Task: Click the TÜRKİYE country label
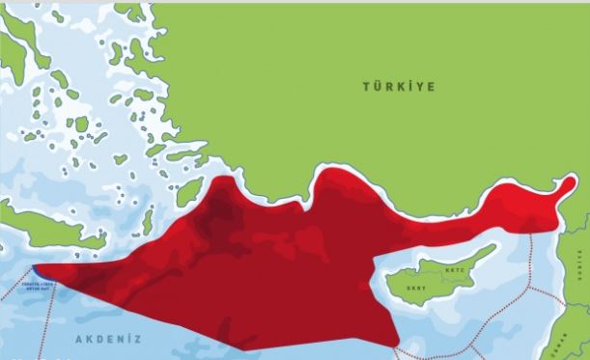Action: click(398, 87)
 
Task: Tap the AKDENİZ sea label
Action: click(108, 340)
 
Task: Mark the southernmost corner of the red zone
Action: click(396, 346)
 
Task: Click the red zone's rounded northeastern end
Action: click(556, 193)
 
